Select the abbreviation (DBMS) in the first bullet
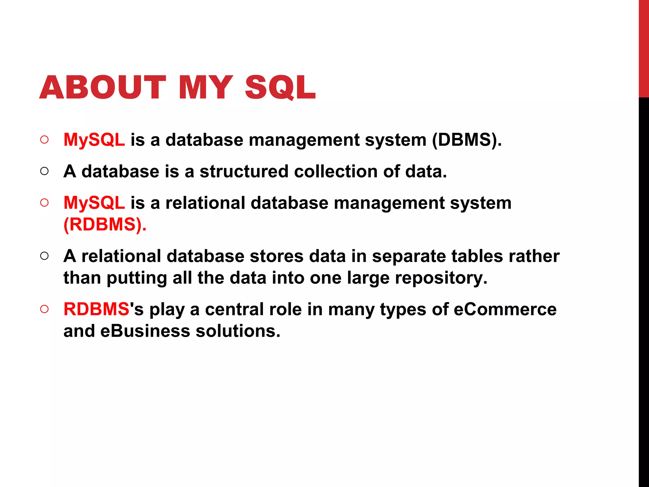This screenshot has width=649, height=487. tap(467, 140)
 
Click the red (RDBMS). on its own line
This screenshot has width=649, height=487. tap(105, 224)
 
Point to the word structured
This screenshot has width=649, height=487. tap(244, 172)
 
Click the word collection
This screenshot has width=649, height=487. tap(336, 172)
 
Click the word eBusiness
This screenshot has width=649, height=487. tap(145, 331)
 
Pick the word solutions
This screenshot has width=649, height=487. tap(238, 331)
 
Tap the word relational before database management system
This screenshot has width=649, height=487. tap(205, 203)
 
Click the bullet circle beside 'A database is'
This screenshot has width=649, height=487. tap(45, 171)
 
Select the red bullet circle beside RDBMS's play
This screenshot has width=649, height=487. tap(45, 309)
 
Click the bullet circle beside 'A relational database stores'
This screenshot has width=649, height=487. tap(45, 256)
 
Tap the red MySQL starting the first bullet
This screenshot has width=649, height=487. tap(94, 140)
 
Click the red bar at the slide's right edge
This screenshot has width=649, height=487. tap(644, 48)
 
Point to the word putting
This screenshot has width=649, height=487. tap(137, 278)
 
